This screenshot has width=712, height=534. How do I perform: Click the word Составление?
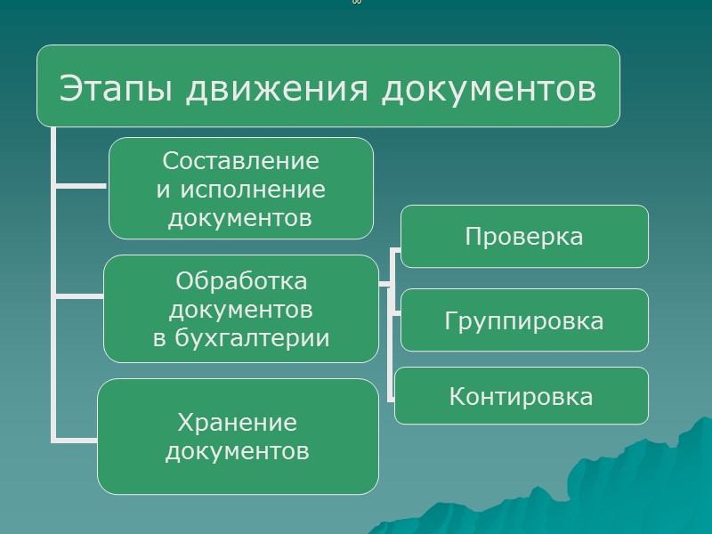pyautogui.click(x=240, y=162)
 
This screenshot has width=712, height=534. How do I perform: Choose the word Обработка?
pyautogui.click(x=241, y=281)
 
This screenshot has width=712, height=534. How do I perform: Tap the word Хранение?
pyautogui.click(x=237, y=422)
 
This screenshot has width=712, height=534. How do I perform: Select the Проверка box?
pyautogui.click(x=524, y=237)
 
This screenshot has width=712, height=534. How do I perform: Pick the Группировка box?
pyautogui.click(x=524, y=320)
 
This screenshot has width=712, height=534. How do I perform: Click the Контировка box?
pyautogui.click(x=522, y=396)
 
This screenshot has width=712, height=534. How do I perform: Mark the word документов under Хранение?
pyautogui.click(x=237, y=450)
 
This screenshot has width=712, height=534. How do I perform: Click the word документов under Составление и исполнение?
pyautogui.click(x=240, y=217)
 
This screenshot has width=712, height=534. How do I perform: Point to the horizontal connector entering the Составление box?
pyautogui.click(x=82, y=187)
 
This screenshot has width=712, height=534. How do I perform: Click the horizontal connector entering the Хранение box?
pyautogui.click(x=76, y=438)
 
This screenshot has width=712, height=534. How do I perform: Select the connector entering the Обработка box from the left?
pyautogui.click(x=80, y=294)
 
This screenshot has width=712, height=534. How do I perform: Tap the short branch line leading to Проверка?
pyautogui.click(x=396, y=253)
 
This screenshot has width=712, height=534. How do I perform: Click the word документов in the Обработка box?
pyautogui.click(x=241, y=310)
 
